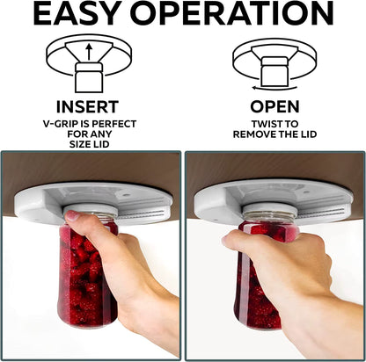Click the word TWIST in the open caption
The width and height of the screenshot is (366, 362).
coord(253,123)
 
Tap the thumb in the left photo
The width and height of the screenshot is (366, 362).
coord(72,215)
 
